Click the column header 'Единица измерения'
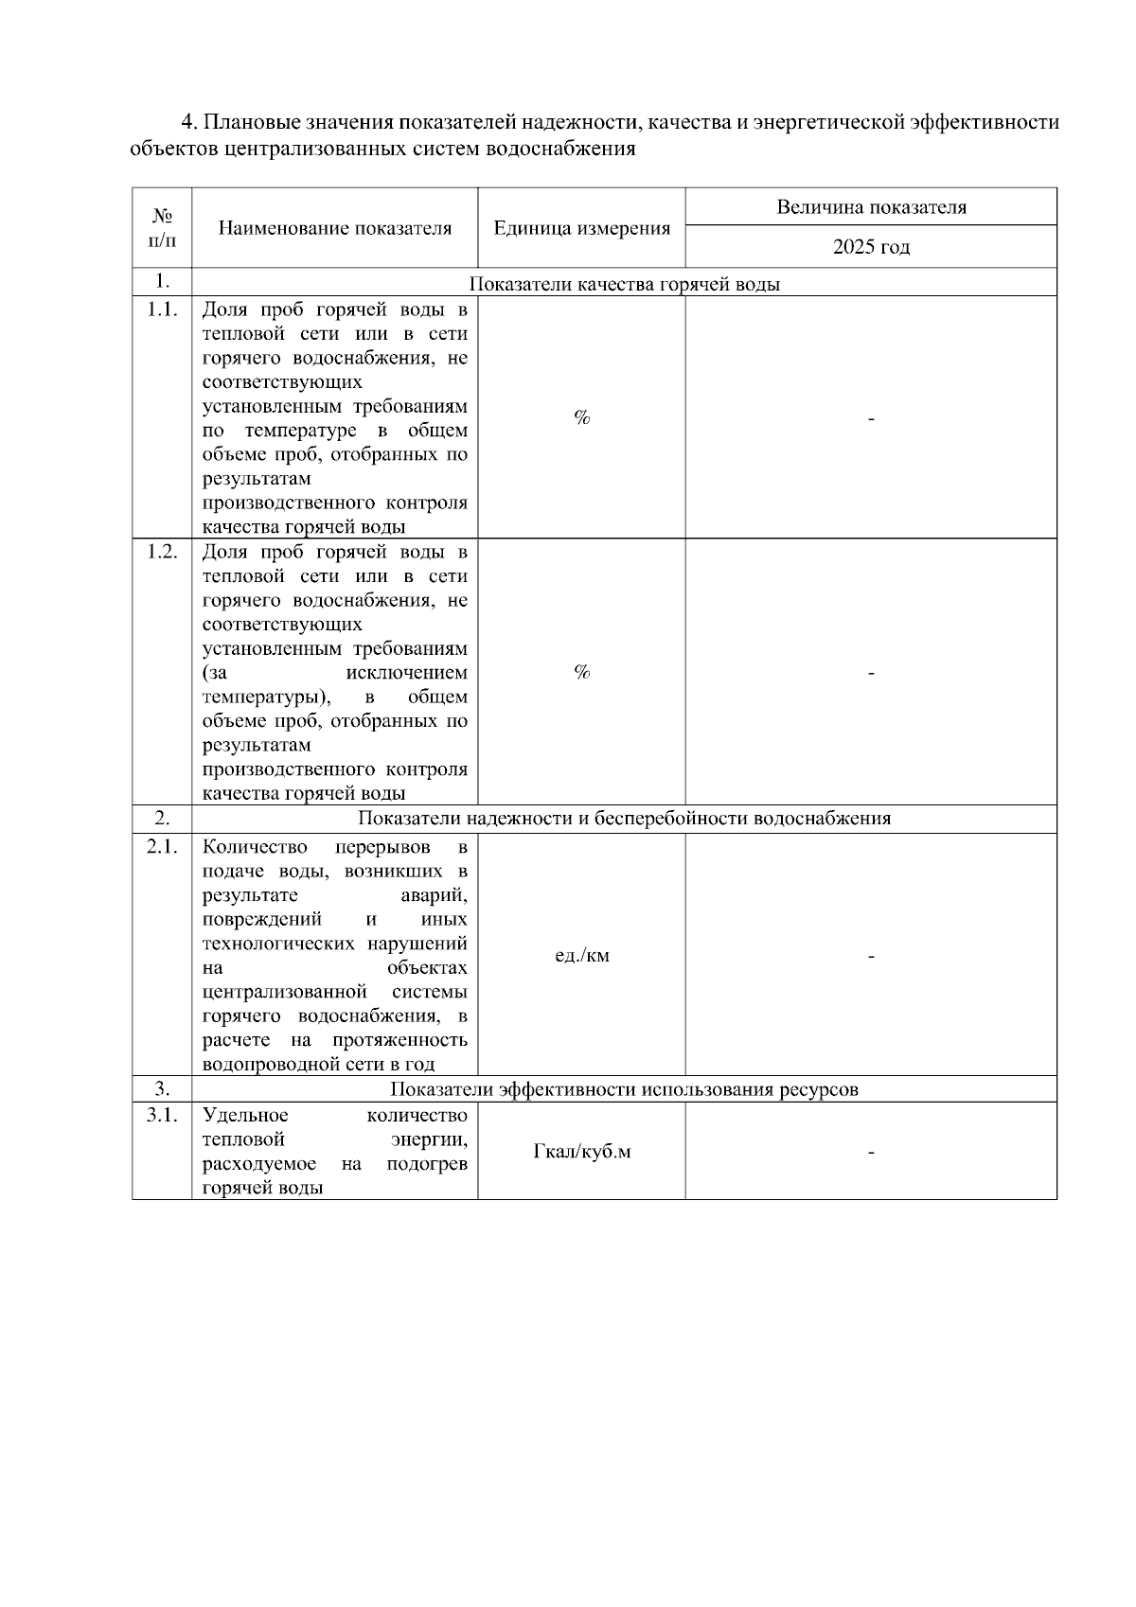[581, 228]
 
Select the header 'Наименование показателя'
[335, 228]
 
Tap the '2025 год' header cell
[871, 247]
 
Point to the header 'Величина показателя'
[871, 207]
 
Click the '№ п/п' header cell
[162, 228]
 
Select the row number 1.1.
[162, 309]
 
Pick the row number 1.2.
[162, 552]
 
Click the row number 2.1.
[162, 846]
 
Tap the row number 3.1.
[162, 1115]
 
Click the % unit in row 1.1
[581, 417]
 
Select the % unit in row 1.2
[581, 672]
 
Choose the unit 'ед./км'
[581, 955]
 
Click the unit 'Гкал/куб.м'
[581, 1151]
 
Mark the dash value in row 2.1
[871, 956]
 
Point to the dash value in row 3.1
[871, 1152]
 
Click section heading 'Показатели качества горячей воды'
[624, 283]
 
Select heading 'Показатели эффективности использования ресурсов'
[624, 1089]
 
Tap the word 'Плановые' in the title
[246, 123]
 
